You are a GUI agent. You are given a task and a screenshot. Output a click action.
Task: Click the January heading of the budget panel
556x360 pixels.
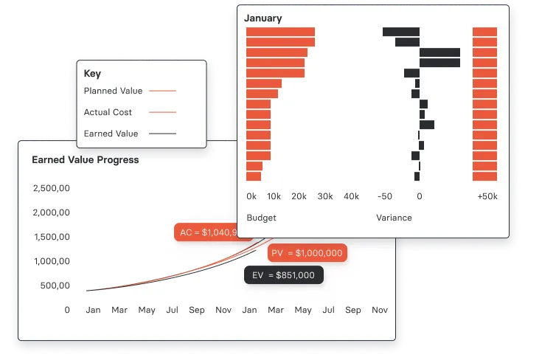tap(264, 18)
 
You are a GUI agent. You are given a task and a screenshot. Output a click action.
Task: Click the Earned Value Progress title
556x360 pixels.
tap(85, 159)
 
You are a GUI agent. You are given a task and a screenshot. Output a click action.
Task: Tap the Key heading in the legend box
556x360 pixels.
tap(92, 74)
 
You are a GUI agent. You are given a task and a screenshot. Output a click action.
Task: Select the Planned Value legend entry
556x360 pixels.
tap(113, 91)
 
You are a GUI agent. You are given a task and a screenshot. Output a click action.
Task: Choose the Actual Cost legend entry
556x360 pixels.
tap(108, 112)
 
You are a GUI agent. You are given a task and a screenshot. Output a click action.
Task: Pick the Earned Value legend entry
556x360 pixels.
tap(111, 134)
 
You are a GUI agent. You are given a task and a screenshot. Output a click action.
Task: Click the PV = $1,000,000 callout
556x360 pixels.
tap(306, 253)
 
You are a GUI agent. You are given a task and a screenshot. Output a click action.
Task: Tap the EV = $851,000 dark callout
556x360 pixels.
tap(283, 275)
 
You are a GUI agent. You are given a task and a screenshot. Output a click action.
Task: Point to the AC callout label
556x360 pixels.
tap(211, 232)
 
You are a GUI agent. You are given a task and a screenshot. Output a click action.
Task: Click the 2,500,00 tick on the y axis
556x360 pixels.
tap(52, 188)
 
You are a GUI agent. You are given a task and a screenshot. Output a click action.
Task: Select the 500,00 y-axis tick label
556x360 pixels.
tap(55, 285)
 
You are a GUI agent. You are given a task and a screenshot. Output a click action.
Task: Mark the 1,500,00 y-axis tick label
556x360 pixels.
tap(52, 237)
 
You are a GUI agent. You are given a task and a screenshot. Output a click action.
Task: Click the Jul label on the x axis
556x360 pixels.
tap(172, 311)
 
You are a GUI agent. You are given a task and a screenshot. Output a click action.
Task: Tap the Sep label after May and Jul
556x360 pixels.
tap(197, 311)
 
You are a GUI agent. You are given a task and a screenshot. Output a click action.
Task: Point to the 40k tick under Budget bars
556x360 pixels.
tap(352, 196)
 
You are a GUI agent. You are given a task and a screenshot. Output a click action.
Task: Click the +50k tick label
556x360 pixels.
tap(487, 196)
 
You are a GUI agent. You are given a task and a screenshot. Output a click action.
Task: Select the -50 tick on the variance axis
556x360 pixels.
tap(384, 196)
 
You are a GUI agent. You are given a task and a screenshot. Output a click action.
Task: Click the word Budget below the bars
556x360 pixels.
tap(261, 218)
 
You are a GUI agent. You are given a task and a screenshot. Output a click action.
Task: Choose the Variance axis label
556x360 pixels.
tap(394, 218)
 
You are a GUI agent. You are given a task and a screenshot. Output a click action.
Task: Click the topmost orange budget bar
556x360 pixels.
tap(280, 32)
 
